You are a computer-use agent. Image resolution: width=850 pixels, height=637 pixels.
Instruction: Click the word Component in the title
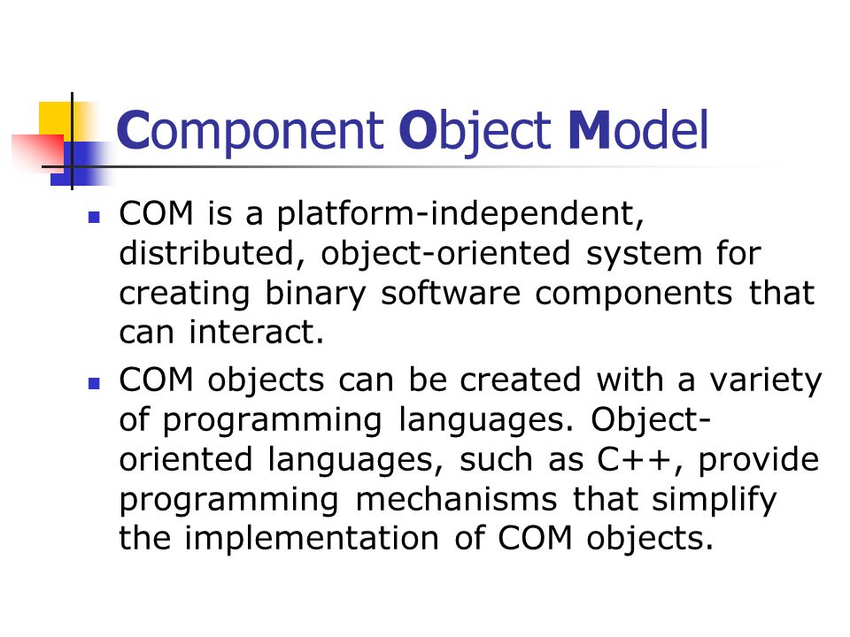251,131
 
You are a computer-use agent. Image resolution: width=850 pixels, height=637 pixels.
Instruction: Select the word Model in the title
638,129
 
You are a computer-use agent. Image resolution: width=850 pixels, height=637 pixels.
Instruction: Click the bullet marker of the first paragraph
94,218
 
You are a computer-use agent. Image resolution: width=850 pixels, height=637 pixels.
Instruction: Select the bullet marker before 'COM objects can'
94,384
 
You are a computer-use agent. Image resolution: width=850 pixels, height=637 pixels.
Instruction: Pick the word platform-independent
460,214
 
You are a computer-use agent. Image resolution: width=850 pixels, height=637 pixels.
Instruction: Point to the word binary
315,294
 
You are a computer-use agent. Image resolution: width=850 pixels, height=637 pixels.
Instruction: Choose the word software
451,293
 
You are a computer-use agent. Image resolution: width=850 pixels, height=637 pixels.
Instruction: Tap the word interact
256,332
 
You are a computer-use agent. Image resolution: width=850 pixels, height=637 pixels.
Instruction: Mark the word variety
766,380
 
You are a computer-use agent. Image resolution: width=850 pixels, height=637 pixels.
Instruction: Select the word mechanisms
457,499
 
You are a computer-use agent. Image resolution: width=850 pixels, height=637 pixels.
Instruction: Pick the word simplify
714,500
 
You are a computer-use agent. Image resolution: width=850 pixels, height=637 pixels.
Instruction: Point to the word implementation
312,540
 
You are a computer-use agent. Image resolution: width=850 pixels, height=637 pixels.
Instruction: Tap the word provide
759,460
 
